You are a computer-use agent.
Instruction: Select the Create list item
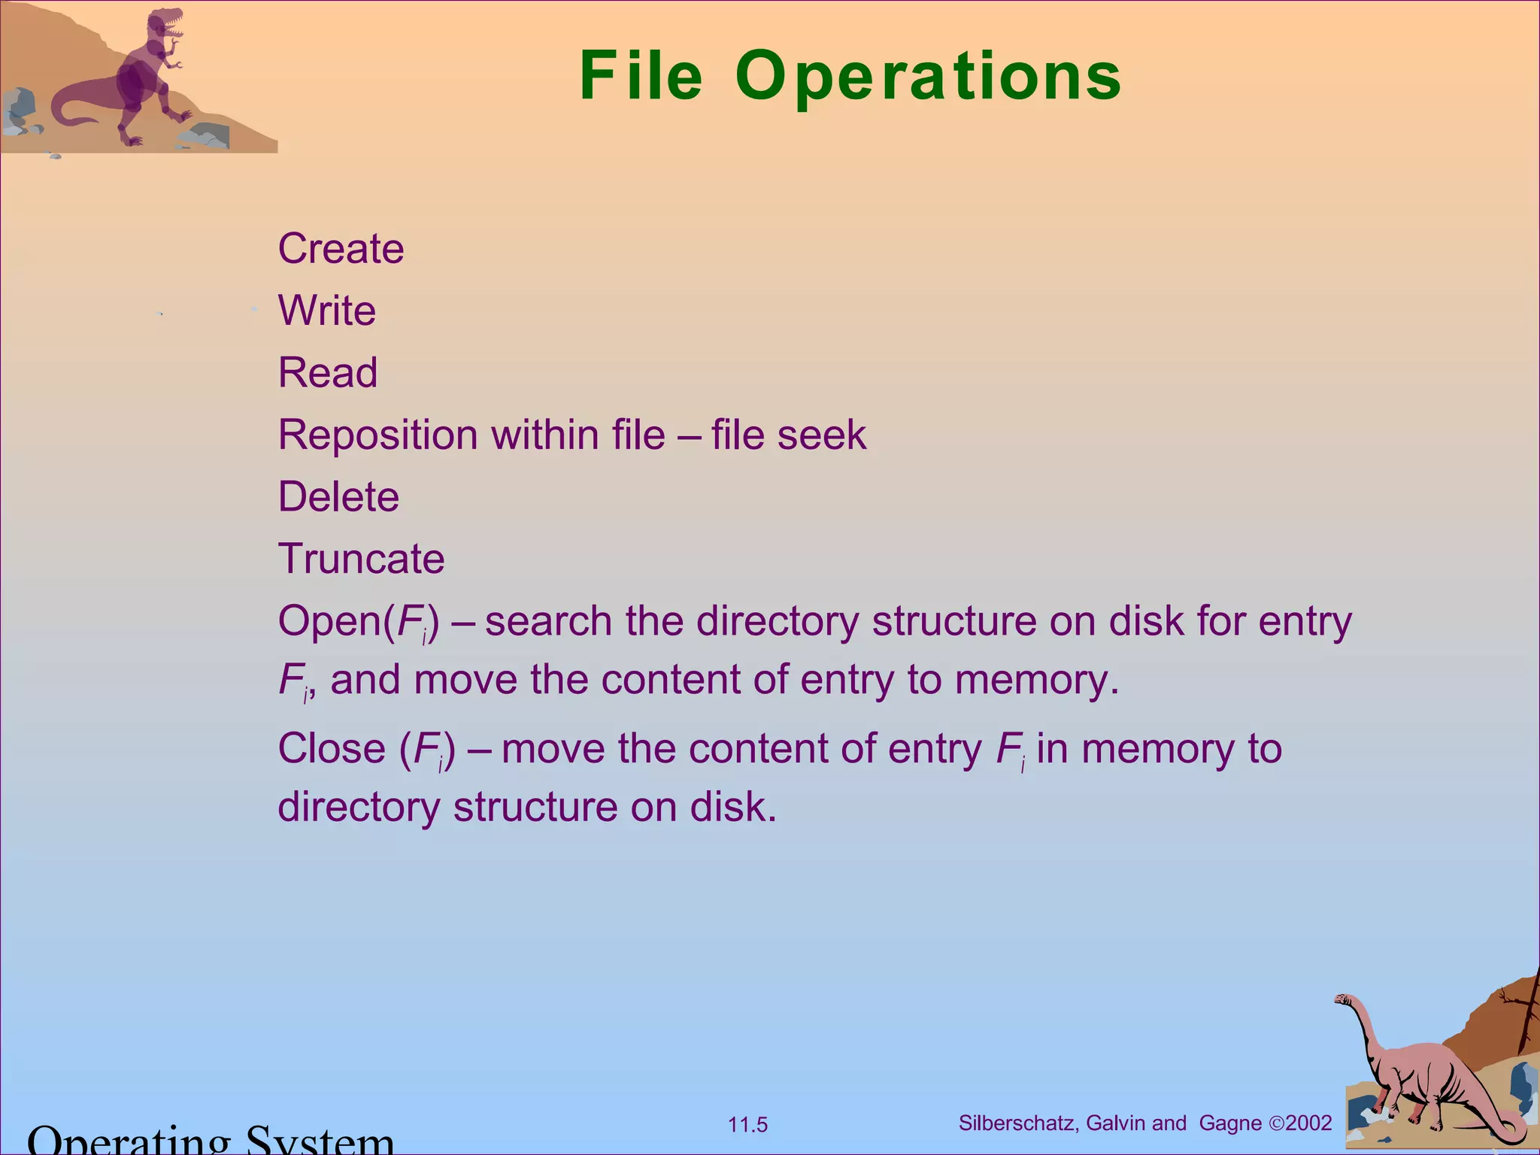(x=341, y=249)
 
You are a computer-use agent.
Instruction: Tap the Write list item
(x=327, y=311)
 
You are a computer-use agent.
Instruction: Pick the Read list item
(x=328, y=373)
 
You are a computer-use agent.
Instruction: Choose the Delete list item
(x=338, y=497)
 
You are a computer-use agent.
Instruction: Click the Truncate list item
(x=361, y=559)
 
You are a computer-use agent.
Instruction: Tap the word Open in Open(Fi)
(x=329, y=623)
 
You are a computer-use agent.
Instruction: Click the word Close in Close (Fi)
(x=332, y=749)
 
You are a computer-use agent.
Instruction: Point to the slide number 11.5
(x=747, y=1125)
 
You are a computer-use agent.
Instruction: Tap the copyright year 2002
(x=1309, y=1123)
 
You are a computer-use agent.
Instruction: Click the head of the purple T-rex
(x=167, y=25)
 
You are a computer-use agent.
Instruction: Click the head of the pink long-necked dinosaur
(x=1342, y=1000)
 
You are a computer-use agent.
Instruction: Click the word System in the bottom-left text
(x=320, y=1141)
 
